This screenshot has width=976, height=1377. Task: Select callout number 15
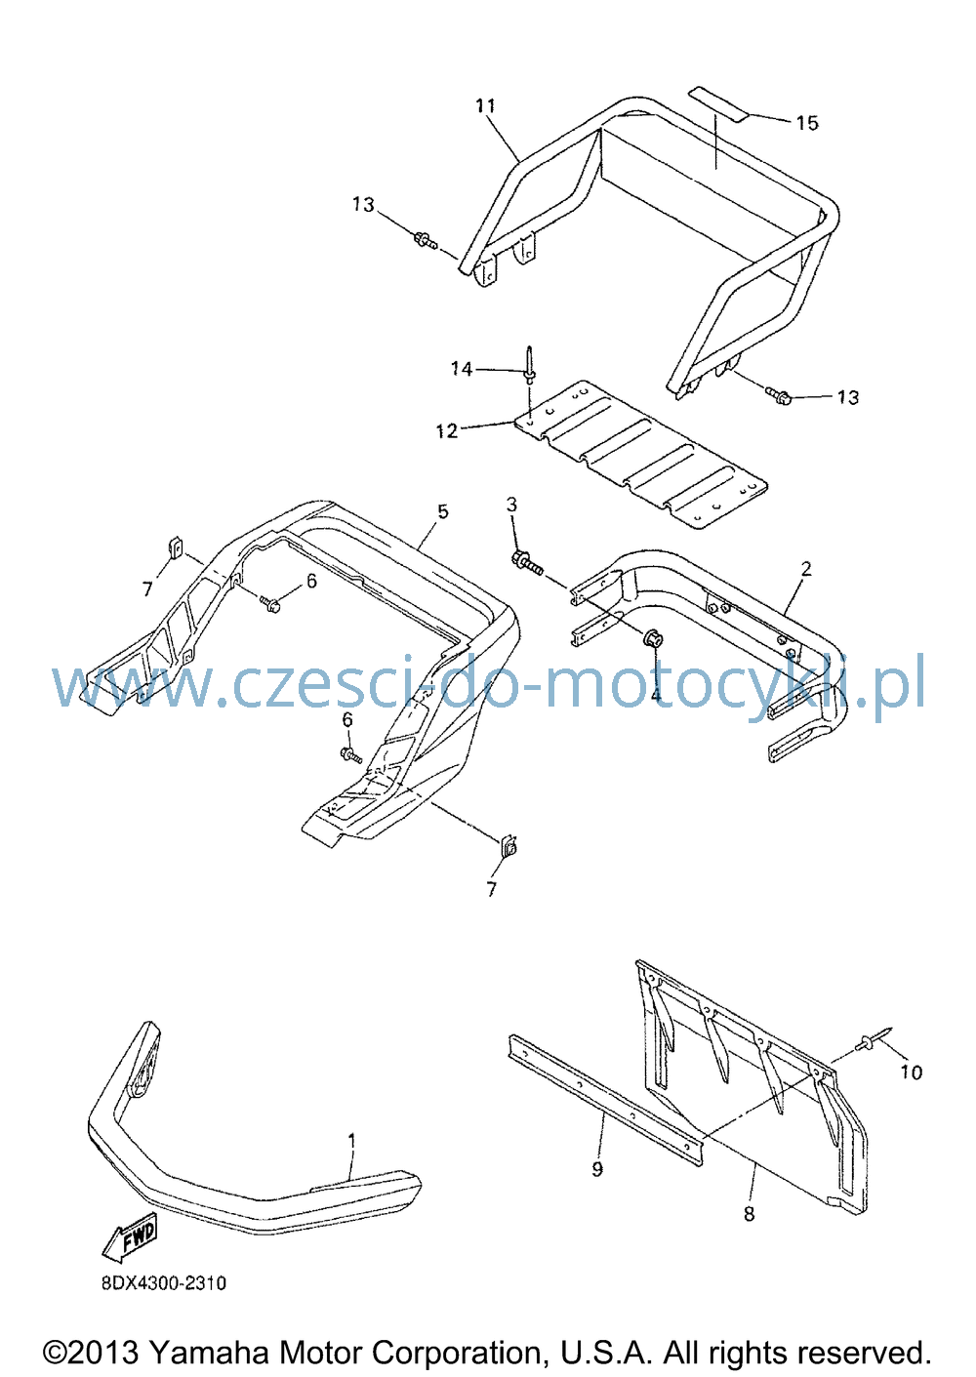[x=807, y=124]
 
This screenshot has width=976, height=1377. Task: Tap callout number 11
[x=485, y=105]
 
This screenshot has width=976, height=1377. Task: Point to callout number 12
[x=447, y=431]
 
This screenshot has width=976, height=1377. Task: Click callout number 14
[x=461, y=369]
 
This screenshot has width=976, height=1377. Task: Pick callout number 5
[x=443, y=511]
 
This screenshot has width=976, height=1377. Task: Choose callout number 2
[x=806, y=569]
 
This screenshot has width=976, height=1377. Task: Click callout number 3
[x=511, y=505]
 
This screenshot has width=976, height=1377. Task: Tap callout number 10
[x=912, y=1073]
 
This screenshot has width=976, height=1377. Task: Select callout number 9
[x=597, y=1168]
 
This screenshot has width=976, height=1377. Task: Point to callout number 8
[x=749, y=1214]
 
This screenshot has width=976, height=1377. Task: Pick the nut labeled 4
[x=652, y=639]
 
